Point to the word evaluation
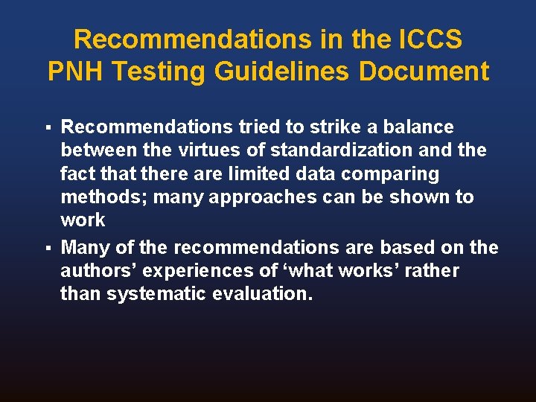(x=262, y=294)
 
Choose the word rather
(x=430, y=271)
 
